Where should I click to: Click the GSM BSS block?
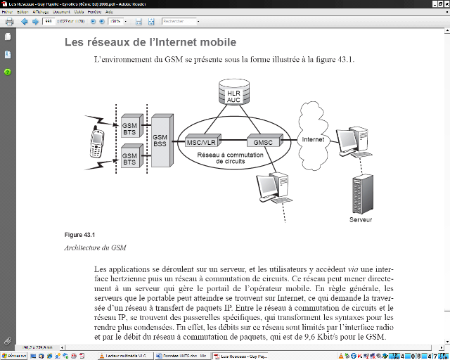pyautogui.click(x=161, y=139)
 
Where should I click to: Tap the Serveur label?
pyautogui.click(x=360, y=220)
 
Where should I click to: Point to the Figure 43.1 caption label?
pyautogui.click(x=79, y=234)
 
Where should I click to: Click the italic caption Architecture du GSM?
pyautogui.click(x=95, y=248)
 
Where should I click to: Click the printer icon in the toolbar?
pyautogui.click(x=9, y=21)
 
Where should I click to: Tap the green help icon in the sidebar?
pyautogui.click(x=7, y=72)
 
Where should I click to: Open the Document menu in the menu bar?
pyautogui.click(x=61, y=12)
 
